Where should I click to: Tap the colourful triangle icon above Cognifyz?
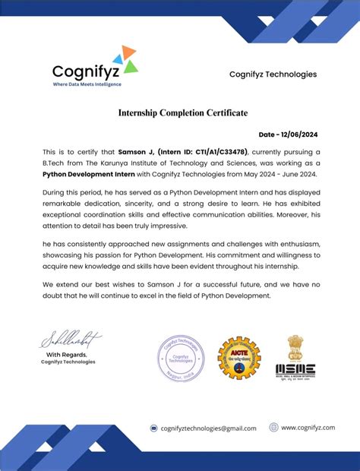tap(125, 58)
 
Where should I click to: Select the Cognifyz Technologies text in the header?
tap(273, 74)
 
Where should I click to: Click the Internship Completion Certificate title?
tap(183, 113)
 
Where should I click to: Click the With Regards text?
tap(67, 355)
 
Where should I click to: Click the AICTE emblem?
tap(238, 357)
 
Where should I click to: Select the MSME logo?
tap(296, 357)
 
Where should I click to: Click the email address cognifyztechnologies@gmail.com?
tap(208, 428)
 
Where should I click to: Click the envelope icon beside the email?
tap(153, 428)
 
